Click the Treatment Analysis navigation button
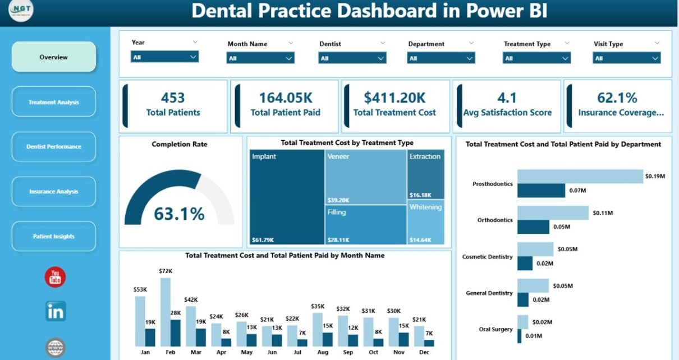click(x=54, y=102)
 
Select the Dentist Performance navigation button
click(x=54, y=147)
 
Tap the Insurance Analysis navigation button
click(x=54, y=192)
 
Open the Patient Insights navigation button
click(x=54, y=237)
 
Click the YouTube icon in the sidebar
click(x=55, y=277)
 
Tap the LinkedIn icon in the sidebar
click(x=56, y=311)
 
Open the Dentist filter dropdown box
click(x=352, y=58)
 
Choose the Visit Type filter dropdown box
click(x=626, y=58)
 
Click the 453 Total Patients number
click(x=173, y=98)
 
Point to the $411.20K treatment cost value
click(x=394, y=98)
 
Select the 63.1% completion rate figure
click(x=179, y=214)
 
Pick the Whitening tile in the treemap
click(x=425, y=221)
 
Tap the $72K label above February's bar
click(x=165, y=271)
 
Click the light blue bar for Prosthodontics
click(x=580, y=176)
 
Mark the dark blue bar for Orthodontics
click(x=533, y=227)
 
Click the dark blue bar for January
click(x=150, y=338)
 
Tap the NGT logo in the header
click(x=21, y=11)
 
